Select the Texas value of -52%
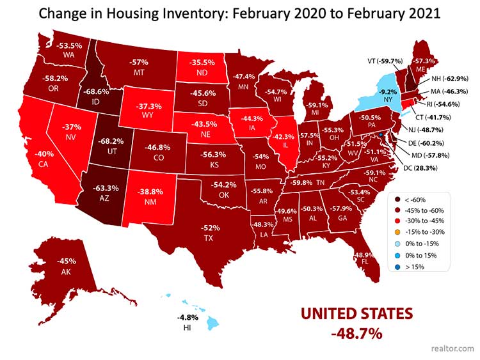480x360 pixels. click(x=207, y=233)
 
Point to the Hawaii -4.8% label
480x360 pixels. click(x=184, y=320)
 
